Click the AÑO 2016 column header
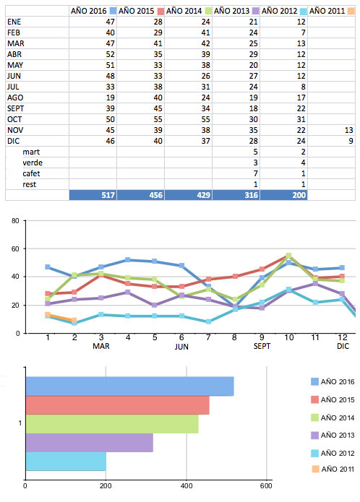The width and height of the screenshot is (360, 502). [88, 11]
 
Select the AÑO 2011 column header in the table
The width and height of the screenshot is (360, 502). [327, 11]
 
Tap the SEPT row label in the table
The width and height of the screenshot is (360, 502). [16, 108]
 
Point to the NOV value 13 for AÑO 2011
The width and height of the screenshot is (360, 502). [348, 130]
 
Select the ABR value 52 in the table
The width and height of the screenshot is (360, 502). [110, 54]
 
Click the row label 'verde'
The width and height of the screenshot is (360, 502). [33, 163]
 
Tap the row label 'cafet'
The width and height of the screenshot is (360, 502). [31, 173]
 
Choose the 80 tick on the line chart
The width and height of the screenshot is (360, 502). [15, 220]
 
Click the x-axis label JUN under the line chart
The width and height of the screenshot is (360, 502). [181, 347]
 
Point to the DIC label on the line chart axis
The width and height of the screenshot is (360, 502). [343, 346]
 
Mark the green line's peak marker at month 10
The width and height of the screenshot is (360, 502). [288, 256]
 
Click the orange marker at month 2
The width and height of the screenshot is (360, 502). [74, 320]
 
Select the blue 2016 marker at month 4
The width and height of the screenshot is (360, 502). [128, 260]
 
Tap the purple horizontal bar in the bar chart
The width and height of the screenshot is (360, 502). [90, 443]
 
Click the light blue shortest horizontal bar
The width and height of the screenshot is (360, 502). [66, 461]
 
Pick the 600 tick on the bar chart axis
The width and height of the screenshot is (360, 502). [266, 485]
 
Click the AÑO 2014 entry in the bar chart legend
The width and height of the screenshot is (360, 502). [333, 417]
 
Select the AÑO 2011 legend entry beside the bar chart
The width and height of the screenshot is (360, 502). [333, 469]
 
